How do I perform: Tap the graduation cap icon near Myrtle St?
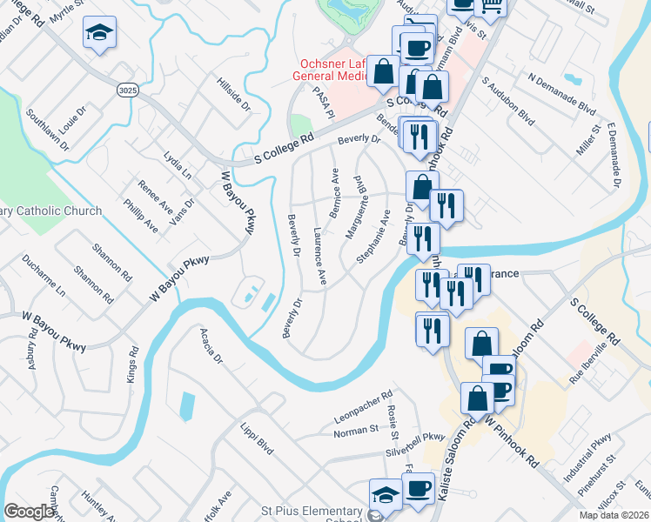pyautogui.click(x=100, y=34)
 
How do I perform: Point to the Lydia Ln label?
pyautogui.click(x=177, y=164)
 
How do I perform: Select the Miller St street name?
pyautogui.click(x=589, y=143)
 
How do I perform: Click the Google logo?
pyautogui.click(x=30, y=512)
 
